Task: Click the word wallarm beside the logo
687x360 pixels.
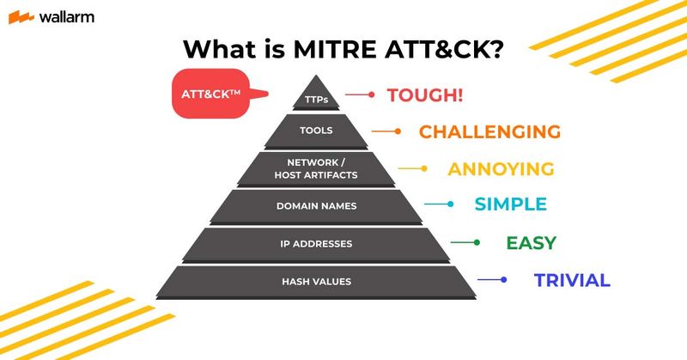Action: point(67,16)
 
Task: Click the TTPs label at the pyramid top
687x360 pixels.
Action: point(316,100)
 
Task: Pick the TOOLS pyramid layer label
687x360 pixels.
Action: point(316,131)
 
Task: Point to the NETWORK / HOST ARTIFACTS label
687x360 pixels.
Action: point(316,168)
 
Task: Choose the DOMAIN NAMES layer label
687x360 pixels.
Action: point(316,206)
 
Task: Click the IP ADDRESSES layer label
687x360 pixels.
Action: point(316,244)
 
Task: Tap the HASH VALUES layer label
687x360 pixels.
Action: point(316,281)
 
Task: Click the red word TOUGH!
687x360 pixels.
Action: point(425,95)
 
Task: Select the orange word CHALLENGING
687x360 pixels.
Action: point(489,131)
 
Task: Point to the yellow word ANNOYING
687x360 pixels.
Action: point(501,168)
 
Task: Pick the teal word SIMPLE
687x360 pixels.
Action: point(510,204)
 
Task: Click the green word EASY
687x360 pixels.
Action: point(532,242)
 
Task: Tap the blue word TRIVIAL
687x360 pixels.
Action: point(572,280)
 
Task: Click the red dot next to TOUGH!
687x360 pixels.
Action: point(371,95)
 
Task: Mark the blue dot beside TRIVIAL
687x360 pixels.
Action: point(504,280)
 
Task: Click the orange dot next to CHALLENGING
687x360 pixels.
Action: point(398,131)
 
